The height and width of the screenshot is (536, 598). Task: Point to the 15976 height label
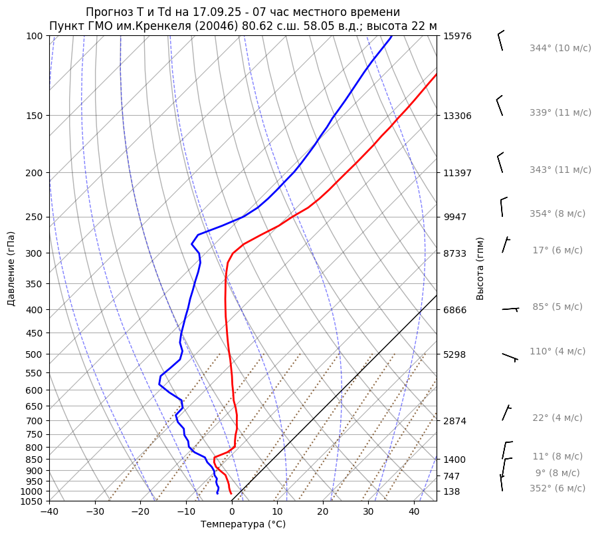(x=457, y=36)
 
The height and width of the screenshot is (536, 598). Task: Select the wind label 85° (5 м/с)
(x=557, y=307)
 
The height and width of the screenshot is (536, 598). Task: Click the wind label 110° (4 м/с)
(x=557, y=352)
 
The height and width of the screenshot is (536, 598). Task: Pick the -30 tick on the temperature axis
(x=95, y=511)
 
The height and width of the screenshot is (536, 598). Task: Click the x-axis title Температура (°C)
(x=243, y=525)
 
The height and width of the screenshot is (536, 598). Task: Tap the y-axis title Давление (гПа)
(x=11, y=269)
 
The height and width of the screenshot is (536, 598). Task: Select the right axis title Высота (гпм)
(x=480, y=269)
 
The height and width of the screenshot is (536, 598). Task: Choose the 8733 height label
(x=454, y=254)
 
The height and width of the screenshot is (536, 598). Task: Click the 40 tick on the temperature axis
(x=414, y=511)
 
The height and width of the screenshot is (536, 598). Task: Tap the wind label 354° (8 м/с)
(x=557, y=214)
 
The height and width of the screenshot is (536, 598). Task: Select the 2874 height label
(x=454, y=422)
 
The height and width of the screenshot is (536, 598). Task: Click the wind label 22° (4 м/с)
(x=557, y=418)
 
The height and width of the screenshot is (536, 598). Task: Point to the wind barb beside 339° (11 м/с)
(x=500, y=107)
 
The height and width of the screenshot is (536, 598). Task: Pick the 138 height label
(x=452, y=491)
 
